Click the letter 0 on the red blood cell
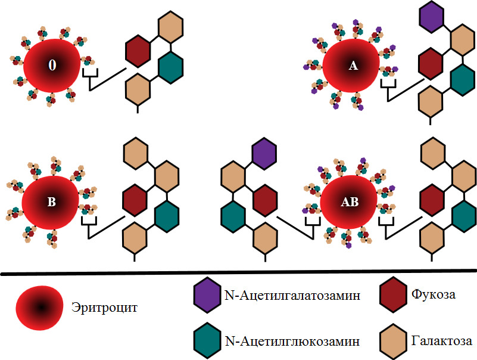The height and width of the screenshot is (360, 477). [52, 66]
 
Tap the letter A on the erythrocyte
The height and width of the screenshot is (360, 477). [353, 67]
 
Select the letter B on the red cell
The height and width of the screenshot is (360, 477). [51, 202]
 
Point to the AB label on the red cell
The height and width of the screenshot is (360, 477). [350, 202]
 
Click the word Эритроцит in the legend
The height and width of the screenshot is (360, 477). [104, 308]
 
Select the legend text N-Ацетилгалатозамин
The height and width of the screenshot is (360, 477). [292, 295]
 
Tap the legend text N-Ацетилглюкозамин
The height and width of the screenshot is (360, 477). [292, 341]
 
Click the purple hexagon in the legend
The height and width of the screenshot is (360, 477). [208, 294]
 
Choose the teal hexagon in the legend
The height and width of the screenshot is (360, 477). [208, 341]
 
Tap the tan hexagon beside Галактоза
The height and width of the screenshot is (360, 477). [394, 341]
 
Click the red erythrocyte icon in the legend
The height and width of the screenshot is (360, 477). [40, 308]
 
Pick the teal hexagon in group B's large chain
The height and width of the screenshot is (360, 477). [167, 217]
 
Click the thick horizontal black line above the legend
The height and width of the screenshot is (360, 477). [238, 274]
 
